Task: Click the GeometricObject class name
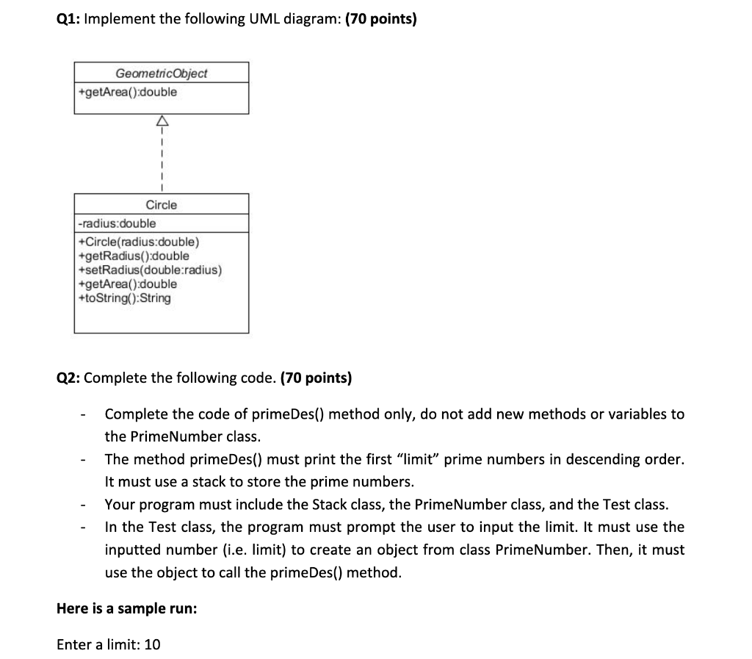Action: point(161,73)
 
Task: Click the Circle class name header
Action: point(161,205)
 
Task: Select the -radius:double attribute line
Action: point(117,223)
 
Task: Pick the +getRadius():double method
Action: point(133,256)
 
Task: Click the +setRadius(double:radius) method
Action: point(149,270)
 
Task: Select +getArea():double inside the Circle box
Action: point(127,284)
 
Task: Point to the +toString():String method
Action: point(124,298)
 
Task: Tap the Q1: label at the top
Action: point(68,20)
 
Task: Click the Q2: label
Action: point(68,378)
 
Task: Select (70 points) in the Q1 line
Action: point(380,20)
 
